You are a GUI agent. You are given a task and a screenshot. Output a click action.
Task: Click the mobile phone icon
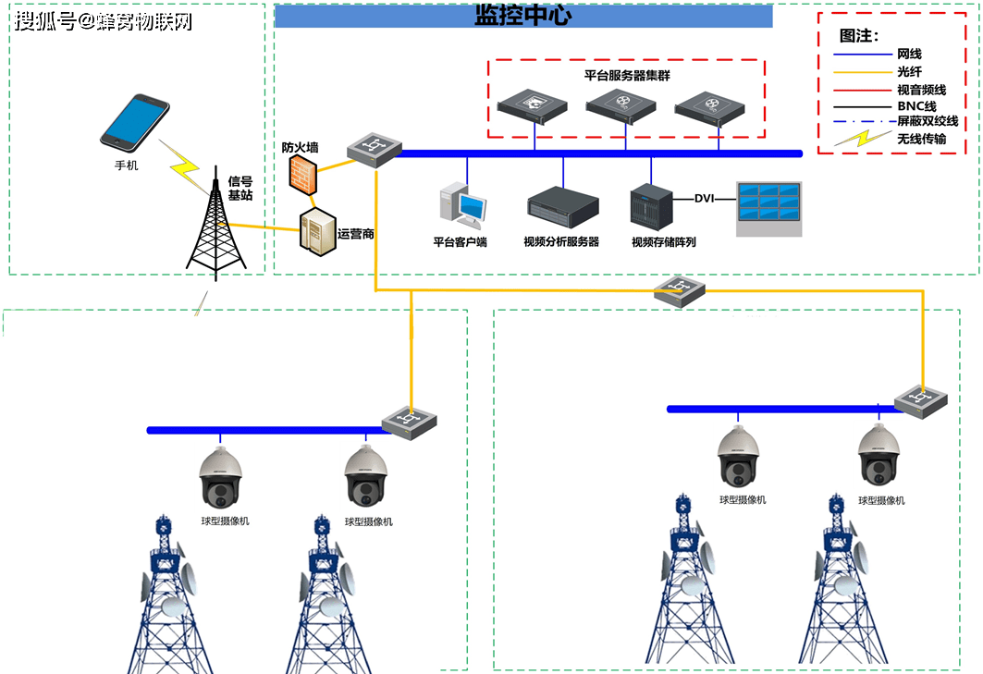[135, 121]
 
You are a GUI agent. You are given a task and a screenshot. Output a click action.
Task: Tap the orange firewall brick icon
[301, 175]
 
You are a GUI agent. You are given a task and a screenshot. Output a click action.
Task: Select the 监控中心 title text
[522, 16]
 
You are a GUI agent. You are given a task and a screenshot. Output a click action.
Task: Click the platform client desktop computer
[462, 206]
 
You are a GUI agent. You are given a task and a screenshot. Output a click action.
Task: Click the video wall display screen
[768, 208]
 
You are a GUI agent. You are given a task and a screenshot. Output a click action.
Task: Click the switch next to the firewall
[375, 148]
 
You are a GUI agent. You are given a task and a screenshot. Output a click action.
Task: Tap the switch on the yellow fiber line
[680, 293]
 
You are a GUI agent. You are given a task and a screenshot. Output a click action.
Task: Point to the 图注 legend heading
[858, 36]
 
